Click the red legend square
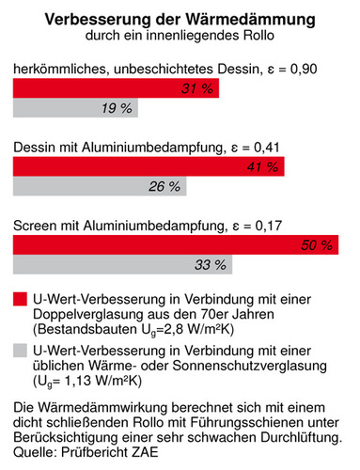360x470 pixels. pos(20,299)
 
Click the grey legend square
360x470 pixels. pos(20,350)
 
